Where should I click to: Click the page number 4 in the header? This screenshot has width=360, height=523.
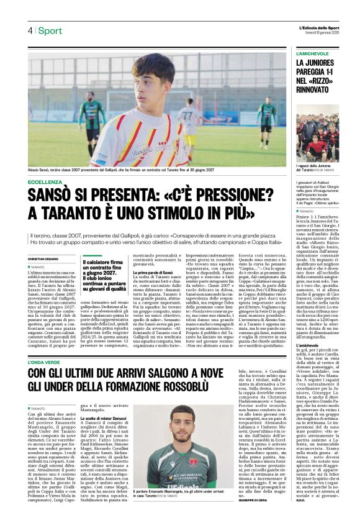[x=29, y=30]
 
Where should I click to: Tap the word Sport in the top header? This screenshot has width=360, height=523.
[x=50, y=30]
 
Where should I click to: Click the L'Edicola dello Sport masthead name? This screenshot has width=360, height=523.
[x=319, y=27]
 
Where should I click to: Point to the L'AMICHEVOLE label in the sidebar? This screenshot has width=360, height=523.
[x=313, y=54]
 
